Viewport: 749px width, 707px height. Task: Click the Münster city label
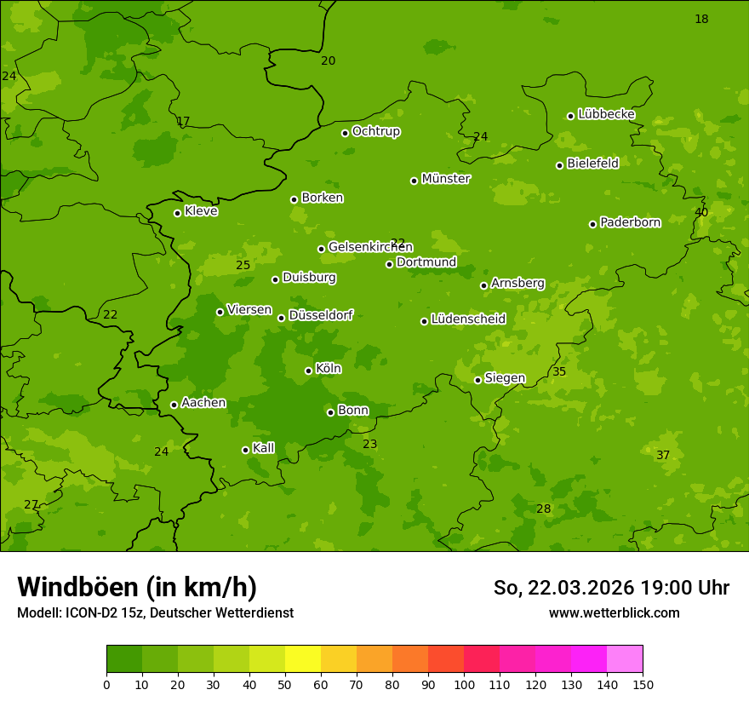[x=445, y=179]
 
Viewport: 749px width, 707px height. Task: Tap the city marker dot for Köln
[x=308, y=371]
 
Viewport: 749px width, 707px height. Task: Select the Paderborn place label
[x=630, y=222]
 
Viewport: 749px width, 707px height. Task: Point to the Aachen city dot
[x=174, y=405]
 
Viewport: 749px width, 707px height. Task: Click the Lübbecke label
[x=606, y=114]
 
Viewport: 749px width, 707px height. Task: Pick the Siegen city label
[x=505, y=378]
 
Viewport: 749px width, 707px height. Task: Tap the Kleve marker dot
[x=177, y=213]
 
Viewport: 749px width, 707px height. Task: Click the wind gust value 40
[x=701, y=212]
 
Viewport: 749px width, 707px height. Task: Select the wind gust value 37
[x=663, y=456]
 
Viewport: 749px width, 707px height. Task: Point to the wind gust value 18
[x=701, y=19]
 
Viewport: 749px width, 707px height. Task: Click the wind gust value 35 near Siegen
[x=559, y=372]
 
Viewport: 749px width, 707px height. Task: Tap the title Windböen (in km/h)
[x=137, y=587]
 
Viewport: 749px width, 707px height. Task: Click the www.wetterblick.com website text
[x=614, y=612]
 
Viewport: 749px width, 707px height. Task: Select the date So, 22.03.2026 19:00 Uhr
[x=611, y=588]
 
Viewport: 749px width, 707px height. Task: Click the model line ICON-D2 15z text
[x=155, y=612]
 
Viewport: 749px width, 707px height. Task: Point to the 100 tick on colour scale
[x=464, y=684]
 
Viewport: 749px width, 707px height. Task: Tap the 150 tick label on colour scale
[x=643, y=684]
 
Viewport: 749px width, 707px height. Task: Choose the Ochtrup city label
[x=375, y=131]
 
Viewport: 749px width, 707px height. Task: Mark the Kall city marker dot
[x=245, y=450]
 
